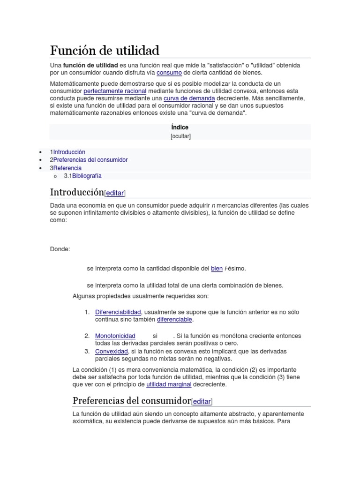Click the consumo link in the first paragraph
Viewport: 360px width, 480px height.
(x=169, y=73)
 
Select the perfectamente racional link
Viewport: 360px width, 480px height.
(x=115, y=91)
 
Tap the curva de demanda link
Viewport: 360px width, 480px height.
(x=189, y=98)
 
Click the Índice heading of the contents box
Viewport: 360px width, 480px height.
(x=180, y=127)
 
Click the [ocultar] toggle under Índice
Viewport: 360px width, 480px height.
(x=180, y=136)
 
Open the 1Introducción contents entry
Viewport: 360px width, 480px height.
(x=67, y=152)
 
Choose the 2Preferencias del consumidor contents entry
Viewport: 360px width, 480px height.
(x=89, y=160)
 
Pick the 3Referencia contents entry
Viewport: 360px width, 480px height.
(x=66, y=168)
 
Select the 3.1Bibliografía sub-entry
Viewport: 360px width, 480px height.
(x=82, y=176)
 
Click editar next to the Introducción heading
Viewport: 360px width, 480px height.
(x=115, y=193)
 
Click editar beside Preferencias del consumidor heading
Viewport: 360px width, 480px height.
(x=202, y=401)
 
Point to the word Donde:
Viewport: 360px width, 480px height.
(x=60, y=249)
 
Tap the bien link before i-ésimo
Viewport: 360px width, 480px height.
(x=217, y=269)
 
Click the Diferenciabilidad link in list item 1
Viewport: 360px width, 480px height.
(x=118, y=312)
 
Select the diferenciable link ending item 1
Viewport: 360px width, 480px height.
(x=174, y=320)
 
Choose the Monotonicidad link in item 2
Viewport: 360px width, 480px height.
(x=115, y=336)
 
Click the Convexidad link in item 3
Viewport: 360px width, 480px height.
(x=111, y=352)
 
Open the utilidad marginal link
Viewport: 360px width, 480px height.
(x=169, y=384)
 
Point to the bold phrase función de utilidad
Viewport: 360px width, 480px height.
(x=90, y=65)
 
